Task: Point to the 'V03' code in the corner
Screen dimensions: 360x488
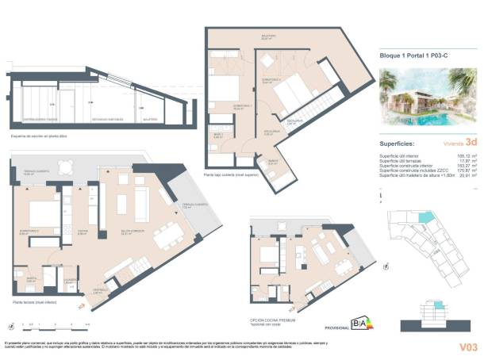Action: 468,346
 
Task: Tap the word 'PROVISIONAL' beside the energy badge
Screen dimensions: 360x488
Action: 336,327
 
